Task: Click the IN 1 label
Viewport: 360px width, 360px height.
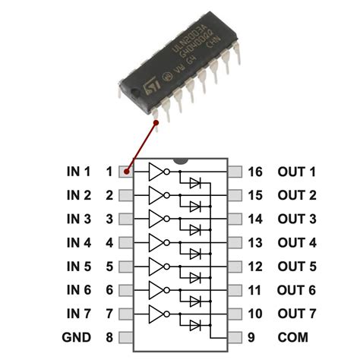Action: click(77, 172)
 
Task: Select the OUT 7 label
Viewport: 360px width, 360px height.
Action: click(296, 314)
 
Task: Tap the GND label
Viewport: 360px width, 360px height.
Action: click(77, 337)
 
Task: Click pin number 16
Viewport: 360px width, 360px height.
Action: click(255, 172)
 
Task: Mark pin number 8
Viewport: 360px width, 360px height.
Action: click(109, 337)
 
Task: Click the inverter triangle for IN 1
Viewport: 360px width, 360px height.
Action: click(156, 172)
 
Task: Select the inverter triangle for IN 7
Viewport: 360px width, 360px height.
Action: click(156, 314)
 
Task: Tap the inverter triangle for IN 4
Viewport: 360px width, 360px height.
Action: click(156, 243)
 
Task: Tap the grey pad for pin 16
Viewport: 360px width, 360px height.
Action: click(235, 172)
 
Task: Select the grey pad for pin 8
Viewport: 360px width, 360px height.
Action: click(126, 337)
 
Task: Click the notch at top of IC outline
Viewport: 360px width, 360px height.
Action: click(181, 162)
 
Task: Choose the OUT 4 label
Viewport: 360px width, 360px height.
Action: click(296, 243)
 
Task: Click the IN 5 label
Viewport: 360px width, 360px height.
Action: click(77, 267)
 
